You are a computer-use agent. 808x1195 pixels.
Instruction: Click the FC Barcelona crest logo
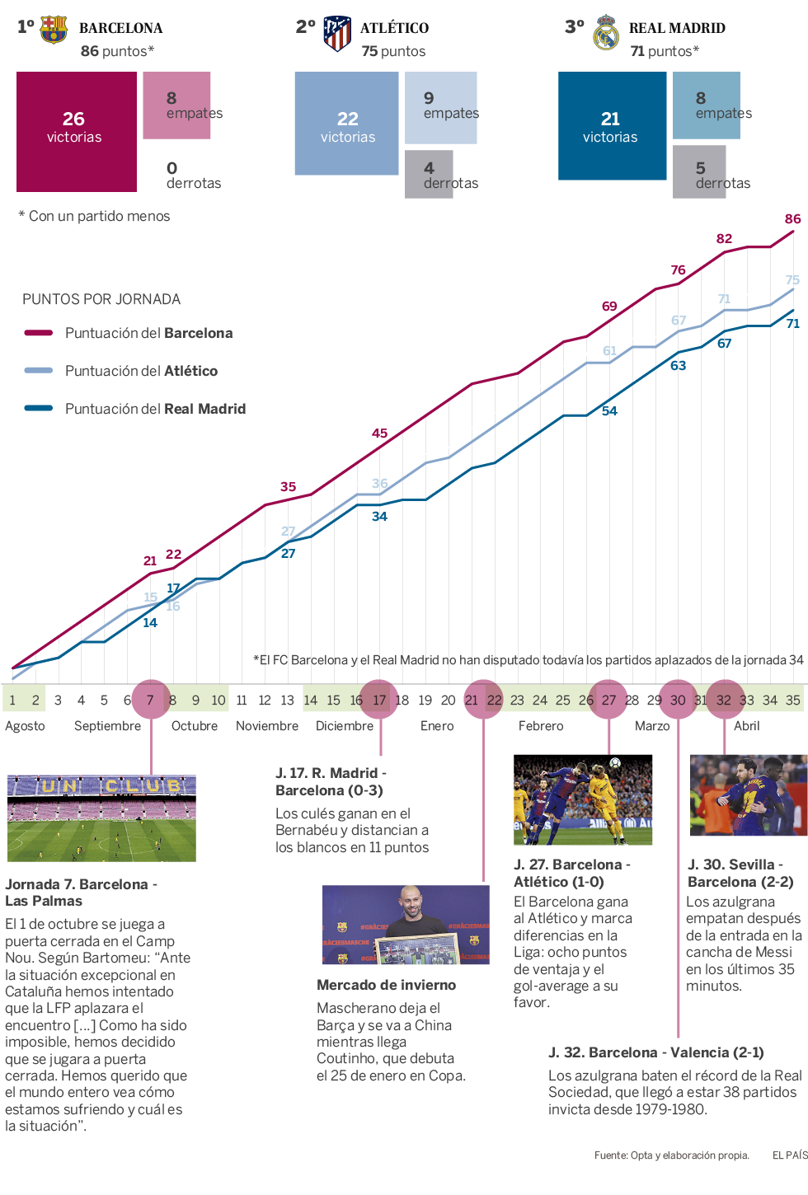coord(54,29)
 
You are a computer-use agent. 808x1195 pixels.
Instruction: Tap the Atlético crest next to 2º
coord(336,33)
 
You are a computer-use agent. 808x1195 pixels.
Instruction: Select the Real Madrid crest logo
coord(606,33)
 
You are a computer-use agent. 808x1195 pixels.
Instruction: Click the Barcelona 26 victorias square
coord(76,131)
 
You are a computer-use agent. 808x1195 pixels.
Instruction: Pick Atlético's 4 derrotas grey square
coord(428,173)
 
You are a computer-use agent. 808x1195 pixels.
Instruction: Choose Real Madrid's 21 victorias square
coord(612,125)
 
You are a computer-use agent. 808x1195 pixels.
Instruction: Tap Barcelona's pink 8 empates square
coord(176,105)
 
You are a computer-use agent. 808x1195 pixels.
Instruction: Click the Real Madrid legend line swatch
coord(39,408)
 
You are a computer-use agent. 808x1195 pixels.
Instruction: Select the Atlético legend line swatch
coord(39,371)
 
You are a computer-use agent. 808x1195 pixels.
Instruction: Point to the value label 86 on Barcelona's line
coord(792,219)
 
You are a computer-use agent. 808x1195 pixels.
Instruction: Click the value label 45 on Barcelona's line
coord(379,433)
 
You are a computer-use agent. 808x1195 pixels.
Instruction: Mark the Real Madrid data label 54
coord(609,411)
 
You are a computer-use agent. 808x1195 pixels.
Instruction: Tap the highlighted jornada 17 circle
coord(379,700)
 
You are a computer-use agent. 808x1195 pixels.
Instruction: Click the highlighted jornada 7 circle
coord(151,700)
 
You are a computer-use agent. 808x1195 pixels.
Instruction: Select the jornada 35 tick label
coord(792,701)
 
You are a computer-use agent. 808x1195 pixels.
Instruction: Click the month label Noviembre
coord(267,726)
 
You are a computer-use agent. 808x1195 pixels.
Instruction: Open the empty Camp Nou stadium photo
coord(101,818)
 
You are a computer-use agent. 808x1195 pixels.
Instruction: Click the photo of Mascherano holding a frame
coord(406,925)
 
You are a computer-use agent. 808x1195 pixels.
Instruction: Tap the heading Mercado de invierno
coord(386,985)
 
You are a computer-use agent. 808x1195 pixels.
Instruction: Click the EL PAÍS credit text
coord(789,1155)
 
